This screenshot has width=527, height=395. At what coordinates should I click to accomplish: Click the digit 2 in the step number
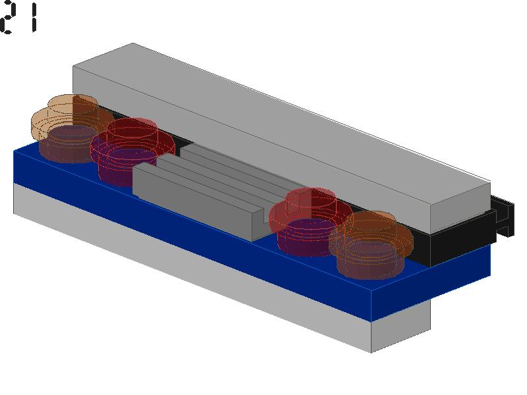(7, 18)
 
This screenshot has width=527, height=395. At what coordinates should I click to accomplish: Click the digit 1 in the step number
(34, 19)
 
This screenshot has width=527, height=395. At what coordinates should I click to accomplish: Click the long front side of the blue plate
(192, 235)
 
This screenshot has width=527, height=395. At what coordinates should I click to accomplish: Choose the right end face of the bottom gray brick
(401, 326)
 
